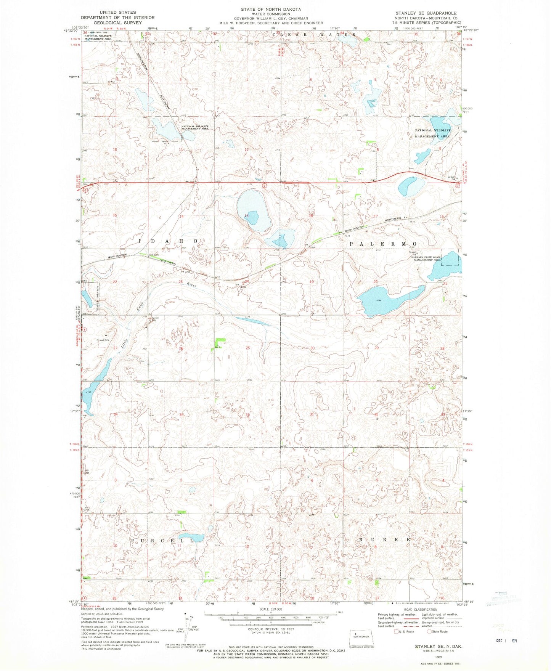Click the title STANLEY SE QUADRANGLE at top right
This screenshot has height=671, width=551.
click(426, 13)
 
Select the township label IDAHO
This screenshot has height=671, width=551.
click(168, 241)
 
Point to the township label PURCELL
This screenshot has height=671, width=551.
click(162, 541)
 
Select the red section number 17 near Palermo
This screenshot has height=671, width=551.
click(376, 216)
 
